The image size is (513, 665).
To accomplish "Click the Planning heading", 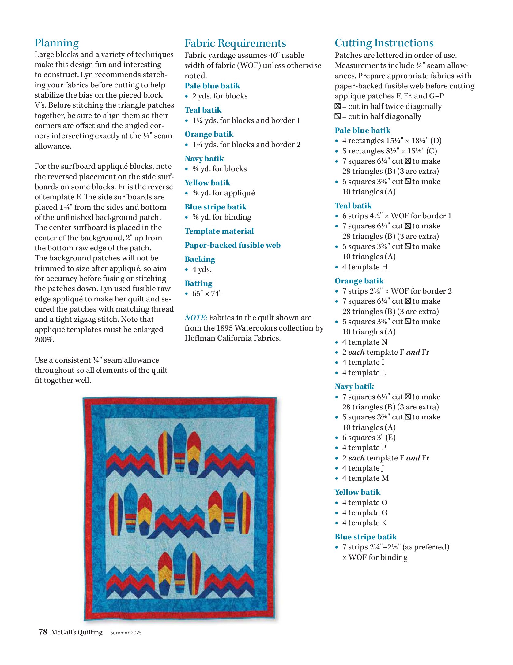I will [57, 43].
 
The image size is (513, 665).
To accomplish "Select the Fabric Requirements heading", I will [235, 43].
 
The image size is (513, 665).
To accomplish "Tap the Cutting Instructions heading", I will [384, 43].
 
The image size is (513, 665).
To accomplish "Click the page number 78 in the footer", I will [43, 632].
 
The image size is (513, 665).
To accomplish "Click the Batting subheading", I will [198, 283].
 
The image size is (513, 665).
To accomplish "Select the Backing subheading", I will [200, 259].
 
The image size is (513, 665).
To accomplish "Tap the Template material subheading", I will [219, 231].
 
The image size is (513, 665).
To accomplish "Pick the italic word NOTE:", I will [196, 318].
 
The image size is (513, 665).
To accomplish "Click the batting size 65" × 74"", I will [207, 294].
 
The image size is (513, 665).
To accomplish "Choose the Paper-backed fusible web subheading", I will [232, 245].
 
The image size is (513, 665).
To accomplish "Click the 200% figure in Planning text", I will [44, 340].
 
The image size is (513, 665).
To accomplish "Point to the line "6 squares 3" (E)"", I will [369, 438].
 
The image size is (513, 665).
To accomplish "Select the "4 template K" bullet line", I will [364, 523].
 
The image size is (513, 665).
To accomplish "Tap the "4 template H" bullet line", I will [365, 267].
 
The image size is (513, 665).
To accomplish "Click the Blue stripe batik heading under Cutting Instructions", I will [366, 537].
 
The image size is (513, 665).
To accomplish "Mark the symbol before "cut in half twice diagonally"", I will [338, 106].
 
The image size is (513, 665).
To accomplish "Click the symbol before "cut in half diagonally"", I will [338, 116].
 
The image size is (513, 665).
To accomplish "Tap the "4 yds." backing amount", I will [202, 269].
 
